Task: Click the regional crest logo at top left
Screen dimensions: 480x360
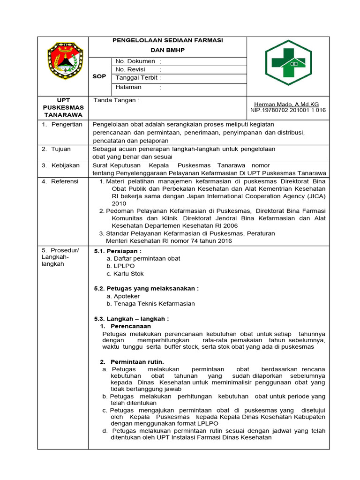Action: [65, 61]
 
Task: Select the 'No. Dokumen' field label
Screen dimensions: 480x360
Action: [135, 61]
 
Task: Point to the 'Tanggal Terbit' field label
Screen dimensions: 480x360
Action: [136, 78]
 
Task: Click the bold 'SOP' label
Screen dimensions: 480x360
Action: [99, 76]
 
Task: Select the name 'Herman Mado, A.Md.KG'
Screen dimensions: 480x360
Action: [286, 104]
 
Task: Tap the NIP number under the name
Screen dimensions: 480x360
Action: [288, 110]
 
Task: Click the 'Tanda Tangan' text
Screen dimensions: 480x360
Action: [116, 100]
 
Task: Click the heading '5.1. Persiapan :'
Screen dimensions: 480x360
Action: [118, 251]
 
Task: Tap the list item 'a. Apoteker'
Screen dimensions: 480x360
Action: [123, 296]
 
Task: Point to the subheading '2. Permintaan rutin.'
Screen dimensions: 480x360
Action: [132, 362]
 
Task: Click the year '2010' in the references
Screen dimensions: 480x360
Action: [119, 203]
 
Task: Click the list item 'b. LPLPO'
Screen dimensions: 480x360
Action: [120, 266]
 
